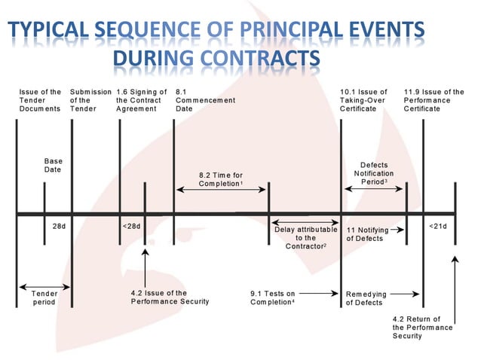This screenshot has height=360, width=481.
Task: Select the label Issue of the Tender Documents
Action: point(40,100)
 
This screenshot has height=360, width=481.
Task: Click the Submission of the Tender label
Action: point(90,100)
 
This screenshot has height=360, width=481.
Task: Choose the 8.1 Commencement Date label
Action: point(204,100)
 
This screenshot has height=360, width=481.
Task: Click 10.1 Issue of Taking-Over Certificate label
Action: point(366,100)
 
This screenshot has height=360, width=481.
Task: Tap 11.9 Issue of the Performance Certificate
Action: point(434,100)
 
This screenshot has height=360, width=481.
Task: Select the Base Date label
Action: point(53,166)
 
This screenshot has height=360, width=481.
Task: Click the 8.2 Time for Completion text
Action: point(221,179)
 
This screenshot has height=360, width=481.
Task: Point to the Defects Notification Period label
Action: point(374,173)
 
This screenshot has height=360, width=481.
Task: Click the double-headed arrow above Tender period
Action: point(44,287)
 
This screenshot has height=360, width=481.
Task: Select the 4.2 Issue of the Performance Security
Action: point(170,297)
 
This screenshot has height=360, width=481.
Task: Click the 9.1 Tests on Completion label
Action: point(273,297)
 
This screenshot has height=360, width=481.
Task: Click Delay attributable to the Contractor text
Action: point(305,235)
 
